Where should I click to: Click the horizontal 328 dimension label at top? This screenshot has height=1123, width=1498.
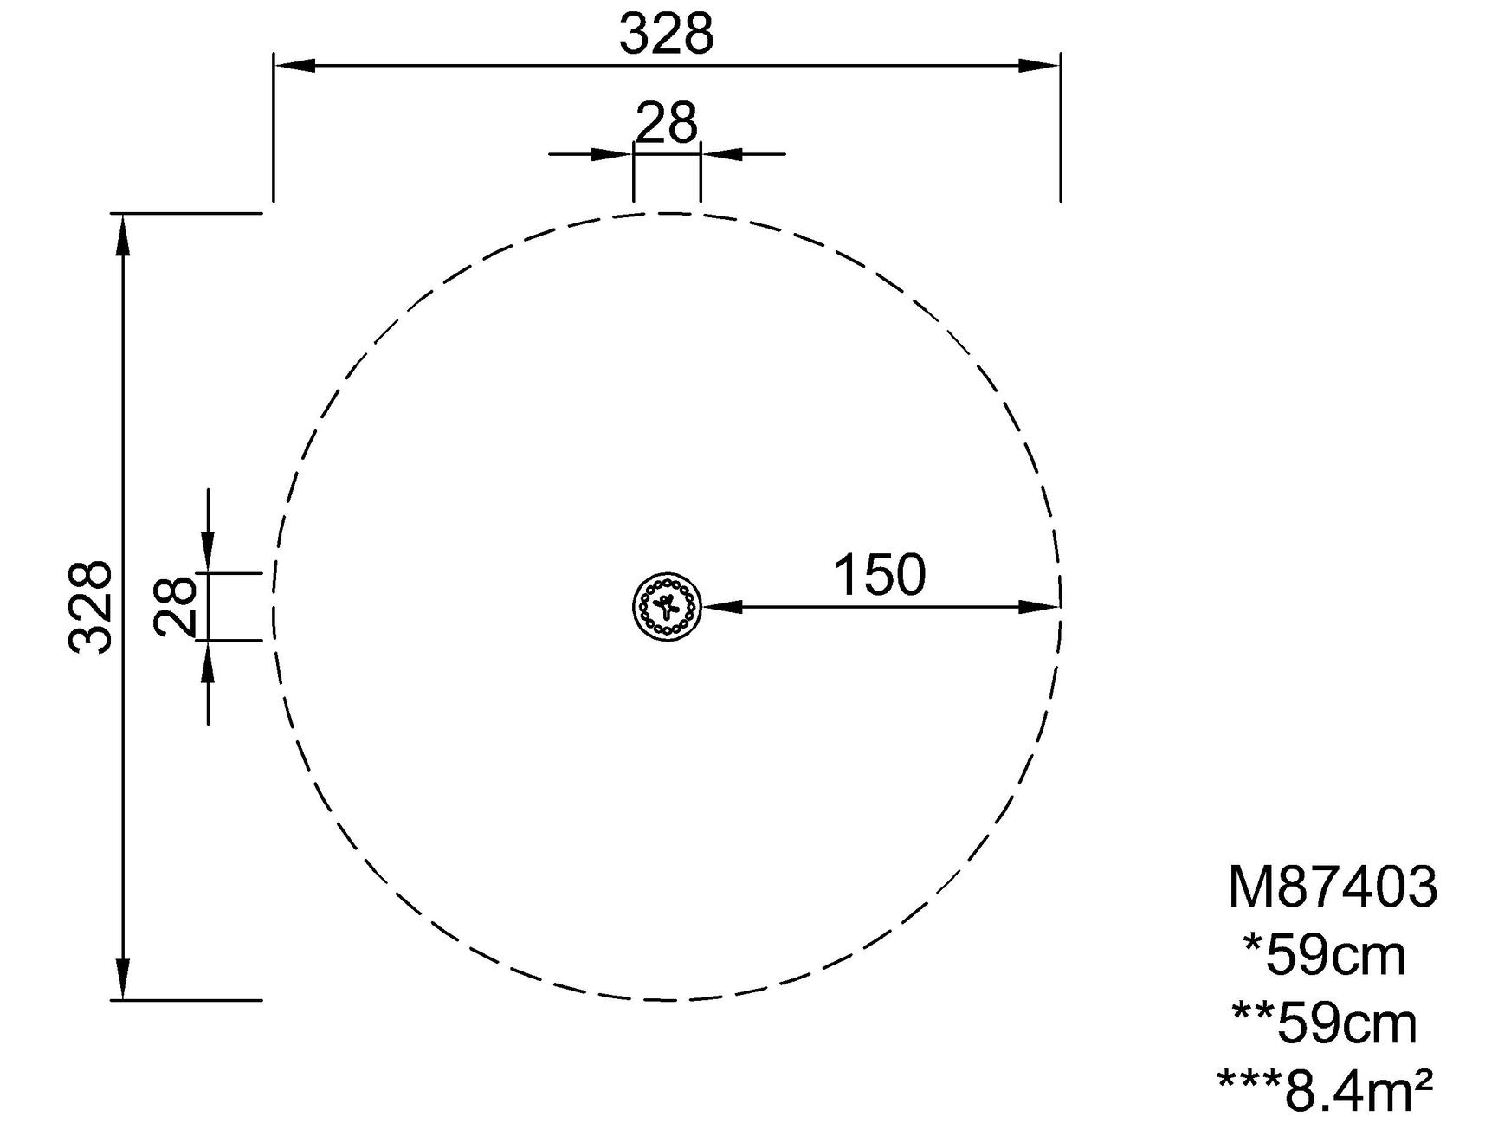tap(666, 35)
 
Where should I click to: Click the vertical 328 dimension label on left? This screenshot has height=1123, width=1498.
tap(90, 606)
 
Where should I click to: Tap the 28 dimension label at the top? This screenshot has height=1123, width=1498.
tap(666, 123)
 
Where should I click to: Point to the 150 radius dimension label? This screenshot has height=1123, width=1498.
tap(879, 575)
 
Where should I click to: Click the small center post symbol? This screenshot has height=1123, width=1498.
tap(666, 606)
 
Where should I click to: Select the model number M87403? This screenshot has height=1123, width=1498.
tap(1333, 887)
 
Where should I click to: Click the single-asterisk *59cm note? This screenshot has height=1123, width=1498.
tap(1324, 956)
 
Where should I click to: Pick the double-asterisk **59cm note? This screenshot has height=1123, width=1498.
tap(1324, 1023)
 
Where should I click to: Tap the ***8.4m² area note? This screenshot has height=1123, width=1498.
tap(1325, 1089)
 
